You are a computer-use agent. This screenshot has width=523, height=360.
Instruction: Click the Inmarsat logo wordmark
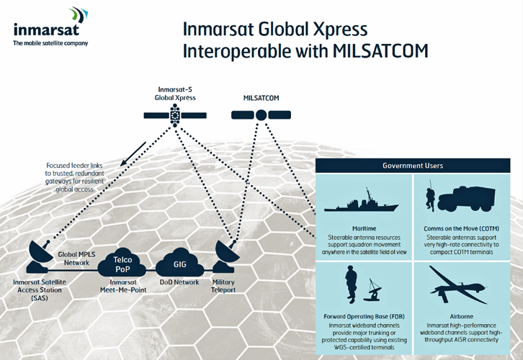(46, 30)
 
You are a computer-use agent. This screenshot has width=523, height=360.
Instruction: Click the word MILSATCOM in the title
(380, 51)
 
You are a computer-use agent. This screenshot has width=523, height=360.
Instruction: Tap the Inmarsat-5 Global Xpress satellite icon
(175, 115)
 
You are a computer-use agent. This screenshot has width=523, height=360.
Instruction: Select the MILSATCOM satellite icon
(261, 115)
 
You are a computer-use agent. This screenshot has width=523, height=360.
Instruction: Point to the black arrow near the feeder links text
(133, 153)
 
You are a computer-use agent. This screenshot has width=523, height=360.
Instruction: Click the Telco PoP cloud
(122, 264)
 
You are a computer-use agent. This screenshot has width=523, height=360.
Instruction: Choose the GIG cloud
(180, 264)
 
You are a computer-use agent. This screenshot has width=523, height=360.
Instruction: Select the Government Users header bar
(413, 166)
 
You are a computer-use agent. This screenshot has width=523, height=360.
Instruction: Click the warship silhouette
(362, 202)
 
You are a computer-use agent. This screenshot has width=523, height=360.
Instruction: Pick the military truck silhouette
(466, 199)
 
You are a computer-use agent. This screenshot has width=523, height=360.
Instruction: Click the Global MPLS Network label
(76, 258)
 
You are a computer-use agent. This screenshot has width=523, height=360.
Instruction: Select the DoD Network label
(179, 282)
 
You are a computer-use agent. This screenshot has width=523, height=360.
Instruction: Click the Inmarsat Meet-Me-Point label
(123, 286)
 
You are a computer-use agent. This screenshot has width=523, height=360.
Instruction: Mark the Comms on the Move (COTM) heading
(461, 229)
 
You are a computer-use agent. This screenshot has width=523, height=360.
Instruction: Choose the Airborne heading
(461, 316)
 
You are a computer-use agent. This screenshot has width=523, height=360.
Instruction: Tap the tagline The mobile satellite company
(50, 43)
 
